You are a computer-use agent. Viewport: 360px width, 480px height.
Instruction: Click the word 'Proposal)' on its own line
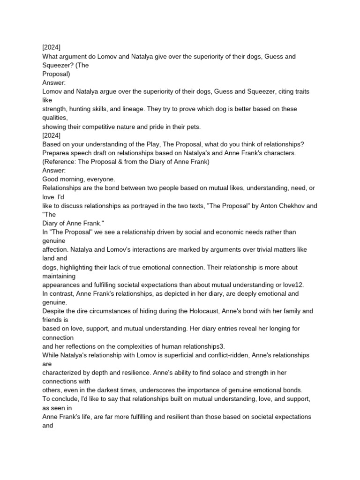[x=56, y=74]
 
